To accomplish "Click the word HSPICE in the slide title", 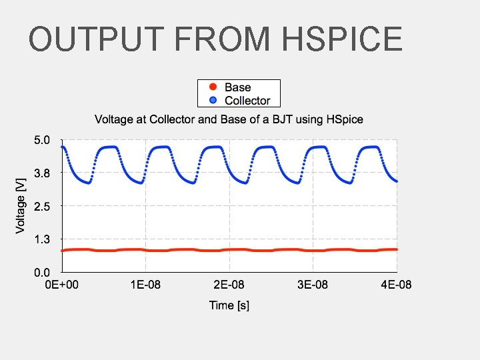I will pos(342,39).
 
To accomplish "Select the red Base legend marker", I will pos(213,87).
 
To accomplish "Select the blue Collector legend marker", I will pos(213,101).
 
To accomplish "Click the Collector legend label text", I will pos(247,101).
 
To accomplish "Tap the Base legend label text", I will pos(238,87).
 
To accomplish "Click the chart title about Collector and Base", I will pos(229,120).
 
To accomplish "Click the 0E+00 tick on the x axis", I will pos(62,285).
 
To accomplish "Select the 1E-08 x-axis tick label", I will pos(145,285).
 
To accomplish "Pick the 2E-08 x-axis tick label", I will pos(229,285).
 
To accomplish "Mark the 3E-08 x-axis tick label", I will pos(313,285).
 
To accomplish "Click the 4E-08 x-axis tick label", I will pos(396,285).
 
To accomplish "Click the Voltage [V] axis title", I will pos(21,205).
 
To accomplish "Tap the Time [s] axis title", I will pos(229,305).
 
